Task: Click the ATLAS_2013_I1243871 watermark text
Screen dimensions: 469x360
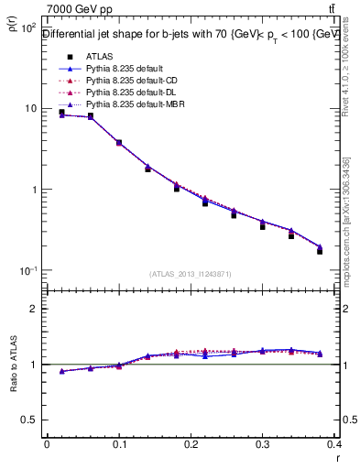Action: click(x=191, y=274)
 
